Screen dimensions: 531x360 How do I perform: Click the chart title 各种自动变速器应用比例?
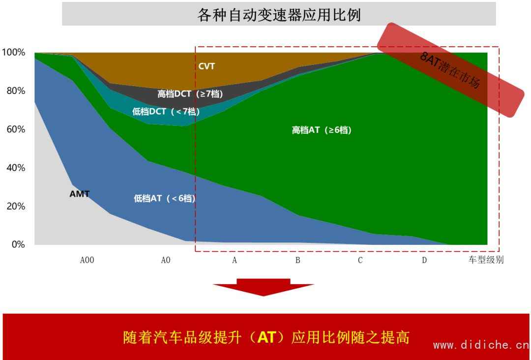pyautogui.click(x=279, y=15)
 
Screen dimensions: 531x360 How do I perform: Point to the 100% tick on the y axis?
pyautogui.click(x=14, y=53)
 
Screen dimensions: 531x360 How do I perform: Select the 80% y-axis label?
pyautogui.click(x=16, y=91)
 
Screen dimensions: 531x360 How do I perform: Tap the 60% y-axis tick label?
pyautogui.click(x=16, y=129)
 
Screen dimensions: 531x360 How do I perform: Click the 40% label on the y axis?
pyautogui.click(x=16, y=168)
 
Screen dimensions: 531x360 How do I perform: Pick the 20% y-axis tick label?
pyautogui.click(x=16, y=206)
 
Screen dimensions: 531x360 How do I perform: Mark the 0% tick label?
pyautogui.click(x=18, y=244)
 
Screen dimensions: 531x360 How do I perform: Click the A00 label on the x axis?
pyautogui.click(x=87, y=260)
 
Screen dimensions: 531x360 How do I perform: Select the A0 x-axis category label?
pyautogui.click(x=166, y=260)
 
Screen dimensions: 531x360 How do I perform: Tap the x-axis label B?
pyautogui.click(x=297, y=260)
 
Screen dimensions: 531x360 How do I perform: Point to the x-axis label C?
pyautogui.click(x=360, y=260)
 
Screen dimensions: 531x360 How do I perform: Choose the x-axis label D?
pyautogui.click(x=424, y=260)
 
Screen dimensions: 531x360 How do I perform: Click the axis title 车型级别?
pyautogui.click(x=486, y=260)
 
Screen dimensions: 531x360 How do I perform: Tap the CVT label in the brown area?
pyautogui.click(x=206, y=66)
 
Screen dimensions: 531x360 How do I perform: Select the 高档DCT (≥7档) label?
pyautogui.click(x=190, y=93)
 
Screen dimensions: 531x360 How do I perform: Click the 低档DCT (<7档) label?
pyautogui.click(x=166, y=111)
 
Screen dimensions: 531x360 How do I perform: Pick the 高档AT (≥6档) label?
pyautogui.click(x=322, y=130)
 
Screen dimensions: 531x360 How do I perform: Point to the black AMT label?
pyautogui.click(x=80, y=194)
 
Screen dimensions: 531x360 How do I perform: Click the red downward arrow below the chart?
pyautogui.click(x=264, y=287)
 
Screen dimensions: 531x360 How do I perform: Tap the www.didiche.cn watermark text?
pyautogui.click(x=481, y=345)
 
